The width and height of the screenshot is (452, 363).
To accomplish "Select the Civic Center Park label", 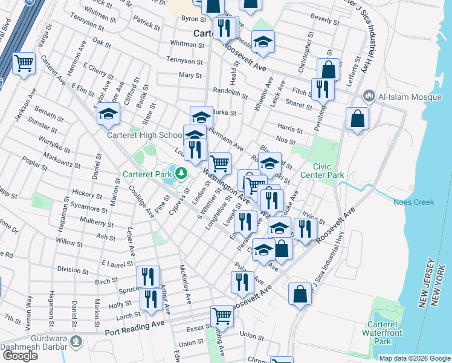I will coord(328,171).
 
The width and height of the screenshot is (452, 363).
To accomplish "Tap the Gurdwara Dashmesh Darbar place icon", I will coord(76,342).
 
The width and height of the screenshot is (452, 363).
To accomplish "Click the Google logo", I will coord(19,356).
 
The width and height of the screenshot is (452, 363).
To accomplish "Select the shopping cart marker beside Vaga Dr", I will coord(24,63).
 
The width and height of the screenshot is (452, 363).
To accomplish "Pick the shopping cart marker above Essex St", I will coord(222,316).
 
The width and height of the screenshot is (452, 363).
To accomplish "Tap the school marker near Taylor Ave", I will coord(108,114).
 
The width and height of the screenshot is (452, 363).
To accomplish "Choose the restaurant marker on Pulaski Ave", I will coord(241,281).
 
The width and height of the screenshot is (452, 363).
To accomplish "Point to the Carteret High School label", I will coord(144,136).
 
